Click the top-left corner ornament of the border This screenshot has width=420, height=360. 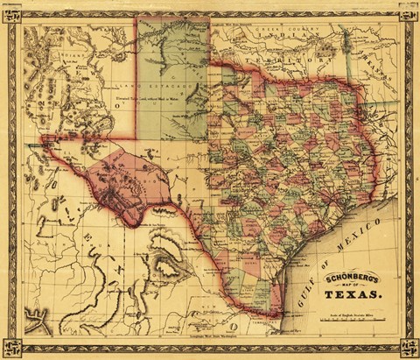click(10, 11)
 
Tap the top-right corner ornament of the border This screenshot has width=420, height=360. click(409, 11)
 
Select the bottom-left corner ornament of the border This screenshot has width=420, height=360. click(10, 349)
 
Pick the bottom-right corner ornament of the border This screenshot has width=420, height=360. click(409, 349)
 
